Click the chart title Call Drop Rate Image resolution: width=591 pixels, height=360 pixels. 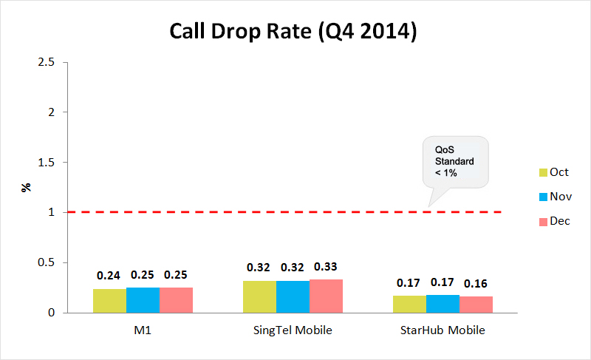tap(295, 33)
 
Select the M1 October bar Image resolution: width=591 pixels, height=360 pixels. tap(109, 300)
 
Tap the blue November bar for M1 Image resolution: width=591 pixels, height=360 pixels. tap(143, 299)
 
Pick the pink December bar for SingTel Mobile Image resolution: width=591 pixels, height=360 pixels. tap(326, 296)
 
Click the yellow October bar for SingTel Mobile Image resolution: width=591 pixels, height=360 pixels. tap(259, 296)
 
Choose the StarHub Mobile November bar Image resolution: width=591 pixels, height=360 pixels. tap(443, 304)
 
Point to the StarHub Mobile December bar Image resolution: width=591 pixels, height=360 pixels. tap(476, 305)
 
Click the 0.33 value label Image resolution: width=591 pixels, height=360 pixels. tap(326, 266)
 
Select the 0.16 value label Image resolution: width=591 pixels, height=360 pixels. tap(476, 283)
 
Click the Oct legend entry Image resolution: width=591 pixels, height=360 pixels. tap(553, 172)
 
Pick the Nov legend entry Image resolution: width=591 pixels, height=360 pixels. tap(553, 197)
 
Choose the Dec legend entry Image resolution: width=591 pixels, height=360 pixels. tap(553, 221)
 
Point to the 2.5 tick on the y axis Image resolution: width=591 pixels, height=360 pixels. tap(47, 62)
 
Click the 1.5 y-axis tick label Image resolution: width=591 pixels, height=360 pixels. tap(47, 162)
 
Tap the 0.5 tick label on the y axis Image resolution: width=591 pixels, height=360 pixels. tap(47, 262)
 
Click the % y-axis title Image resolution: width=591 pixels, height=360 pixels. tap(27, 187)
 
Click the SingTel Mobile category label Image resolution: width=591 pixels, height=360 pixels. tap(293, 330)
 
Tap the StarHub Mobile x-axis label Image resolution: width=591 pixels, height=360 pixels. tap(443, 330)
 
